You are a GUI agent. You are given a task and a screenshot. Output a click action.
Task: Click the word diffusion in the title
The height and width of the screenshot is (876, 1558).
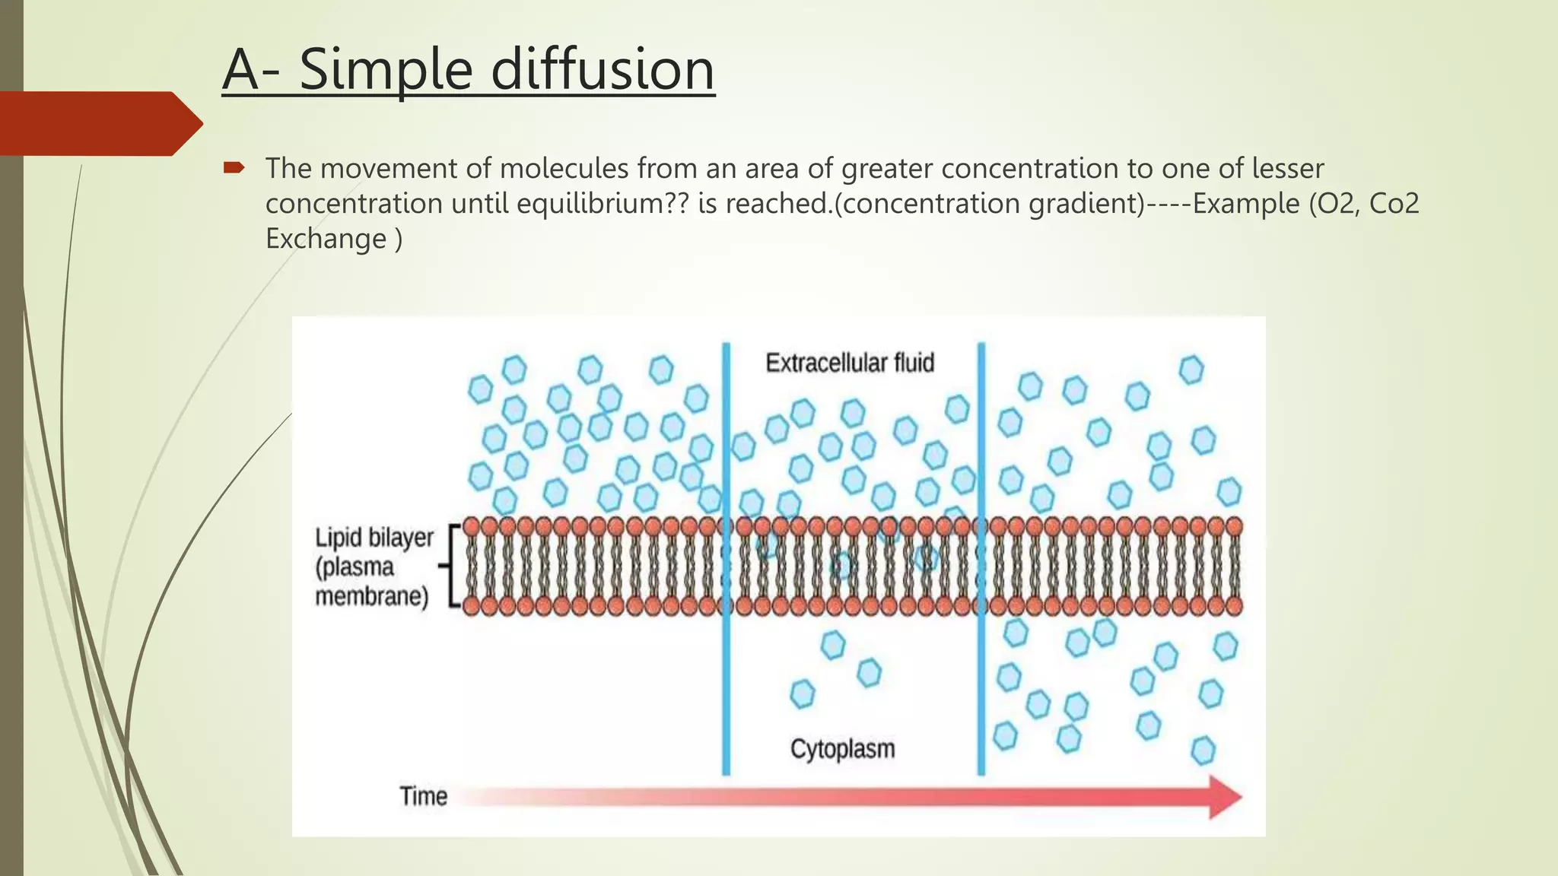point(603,69)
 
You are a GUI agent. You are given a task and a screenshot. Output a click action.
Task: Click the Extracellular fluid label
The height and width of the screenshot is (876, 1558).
point(849,363)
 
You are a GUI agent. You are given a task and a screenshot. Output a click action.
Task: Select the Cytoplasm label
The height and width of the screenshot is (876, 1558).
point(842,749)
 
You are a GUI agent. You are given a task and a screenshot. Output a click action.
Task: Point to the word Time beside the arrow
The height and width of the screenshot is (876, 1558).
point(423,796)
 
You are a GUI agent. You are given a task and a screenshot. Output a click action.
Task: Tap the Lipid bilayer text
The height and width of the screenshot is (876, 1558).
point(374,538)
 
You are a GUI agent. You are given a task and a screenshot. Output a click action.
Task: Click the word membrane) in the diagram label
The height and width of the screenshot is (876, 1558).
point(371,596)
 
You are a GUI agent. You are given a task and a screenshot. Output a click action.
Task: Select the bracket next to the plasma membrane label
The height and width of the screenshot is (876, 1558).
point(453,566)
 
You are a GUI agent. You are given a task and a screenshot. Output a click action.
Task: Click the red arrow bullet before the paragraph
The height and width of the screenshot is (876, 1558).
point(233,167)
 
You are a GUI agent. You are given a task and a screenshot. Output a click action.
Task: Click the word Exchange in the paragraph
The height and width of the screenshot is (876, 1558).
point(326,239)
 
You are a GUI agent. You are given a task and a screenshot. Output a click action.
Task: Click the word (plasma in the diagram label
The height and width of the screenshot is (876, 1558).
point(355,567)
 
